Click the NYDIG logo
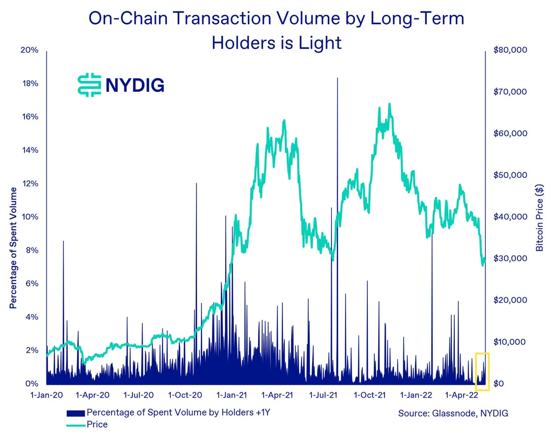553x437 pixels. pyautogui.click(x=121, y=85)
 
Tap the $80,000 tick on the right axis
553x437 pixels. pyautogui.click(x=510, y=50)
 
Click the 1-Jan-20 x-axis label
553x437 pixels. pyautogui.click(x=47, y=395)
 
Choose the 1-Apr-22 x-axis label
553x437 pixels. pyautogui.click(x=461, y=395)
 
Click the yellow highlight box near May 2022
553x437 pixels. pyautogui.click(x=482, y=371)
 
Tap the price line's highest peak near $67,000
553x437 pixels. pyautogui.click(x=390, y=104)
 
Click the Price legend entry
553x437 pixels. pyautogui.click(x=97, y=424)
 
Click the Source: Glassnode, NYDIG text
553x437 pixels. pyautogui.click(x=453, y=413)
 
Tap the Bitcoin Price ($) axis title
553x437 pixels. pyautogui.click(x=540, y=217)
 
